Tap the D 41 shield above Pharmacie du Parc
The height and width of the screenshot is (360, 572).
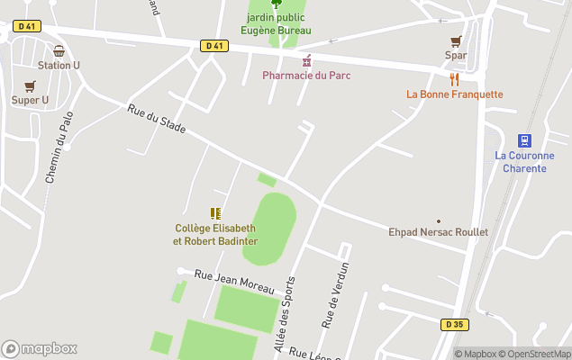tap(213, 46)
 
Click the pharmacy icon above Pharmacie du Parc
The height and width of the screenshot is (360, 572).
tap(306, 60)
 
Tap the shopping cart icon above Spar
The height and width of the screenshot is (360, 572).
tap(456, 41)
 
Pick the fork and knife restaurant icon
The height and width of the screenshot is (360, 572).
tap(454, 79)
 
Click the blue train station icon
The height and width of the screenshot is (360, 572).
tap(524, 140)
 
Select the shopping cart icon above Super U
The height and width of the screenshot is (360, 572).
tap(30, 86)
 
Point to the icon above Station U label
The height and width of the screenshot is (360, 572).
tap(59, 51)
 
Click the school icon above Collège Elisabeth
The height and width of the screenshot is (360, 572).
tap(215, 213)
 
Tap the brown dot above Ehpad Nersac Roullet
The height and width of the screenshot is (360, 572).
tap(439, 221)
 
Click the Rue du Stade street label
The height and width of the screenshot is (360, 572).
tap(156, 120)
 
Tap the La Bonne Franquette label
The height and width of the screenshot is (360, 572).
tap(455, 94)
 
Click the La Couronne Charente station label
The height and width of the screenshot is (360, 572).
tap(524, 162)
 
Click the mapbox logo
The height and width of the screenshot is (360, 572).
tap(40, 349)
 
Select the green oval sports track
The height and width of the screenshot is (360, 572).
tap(269, 229)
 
